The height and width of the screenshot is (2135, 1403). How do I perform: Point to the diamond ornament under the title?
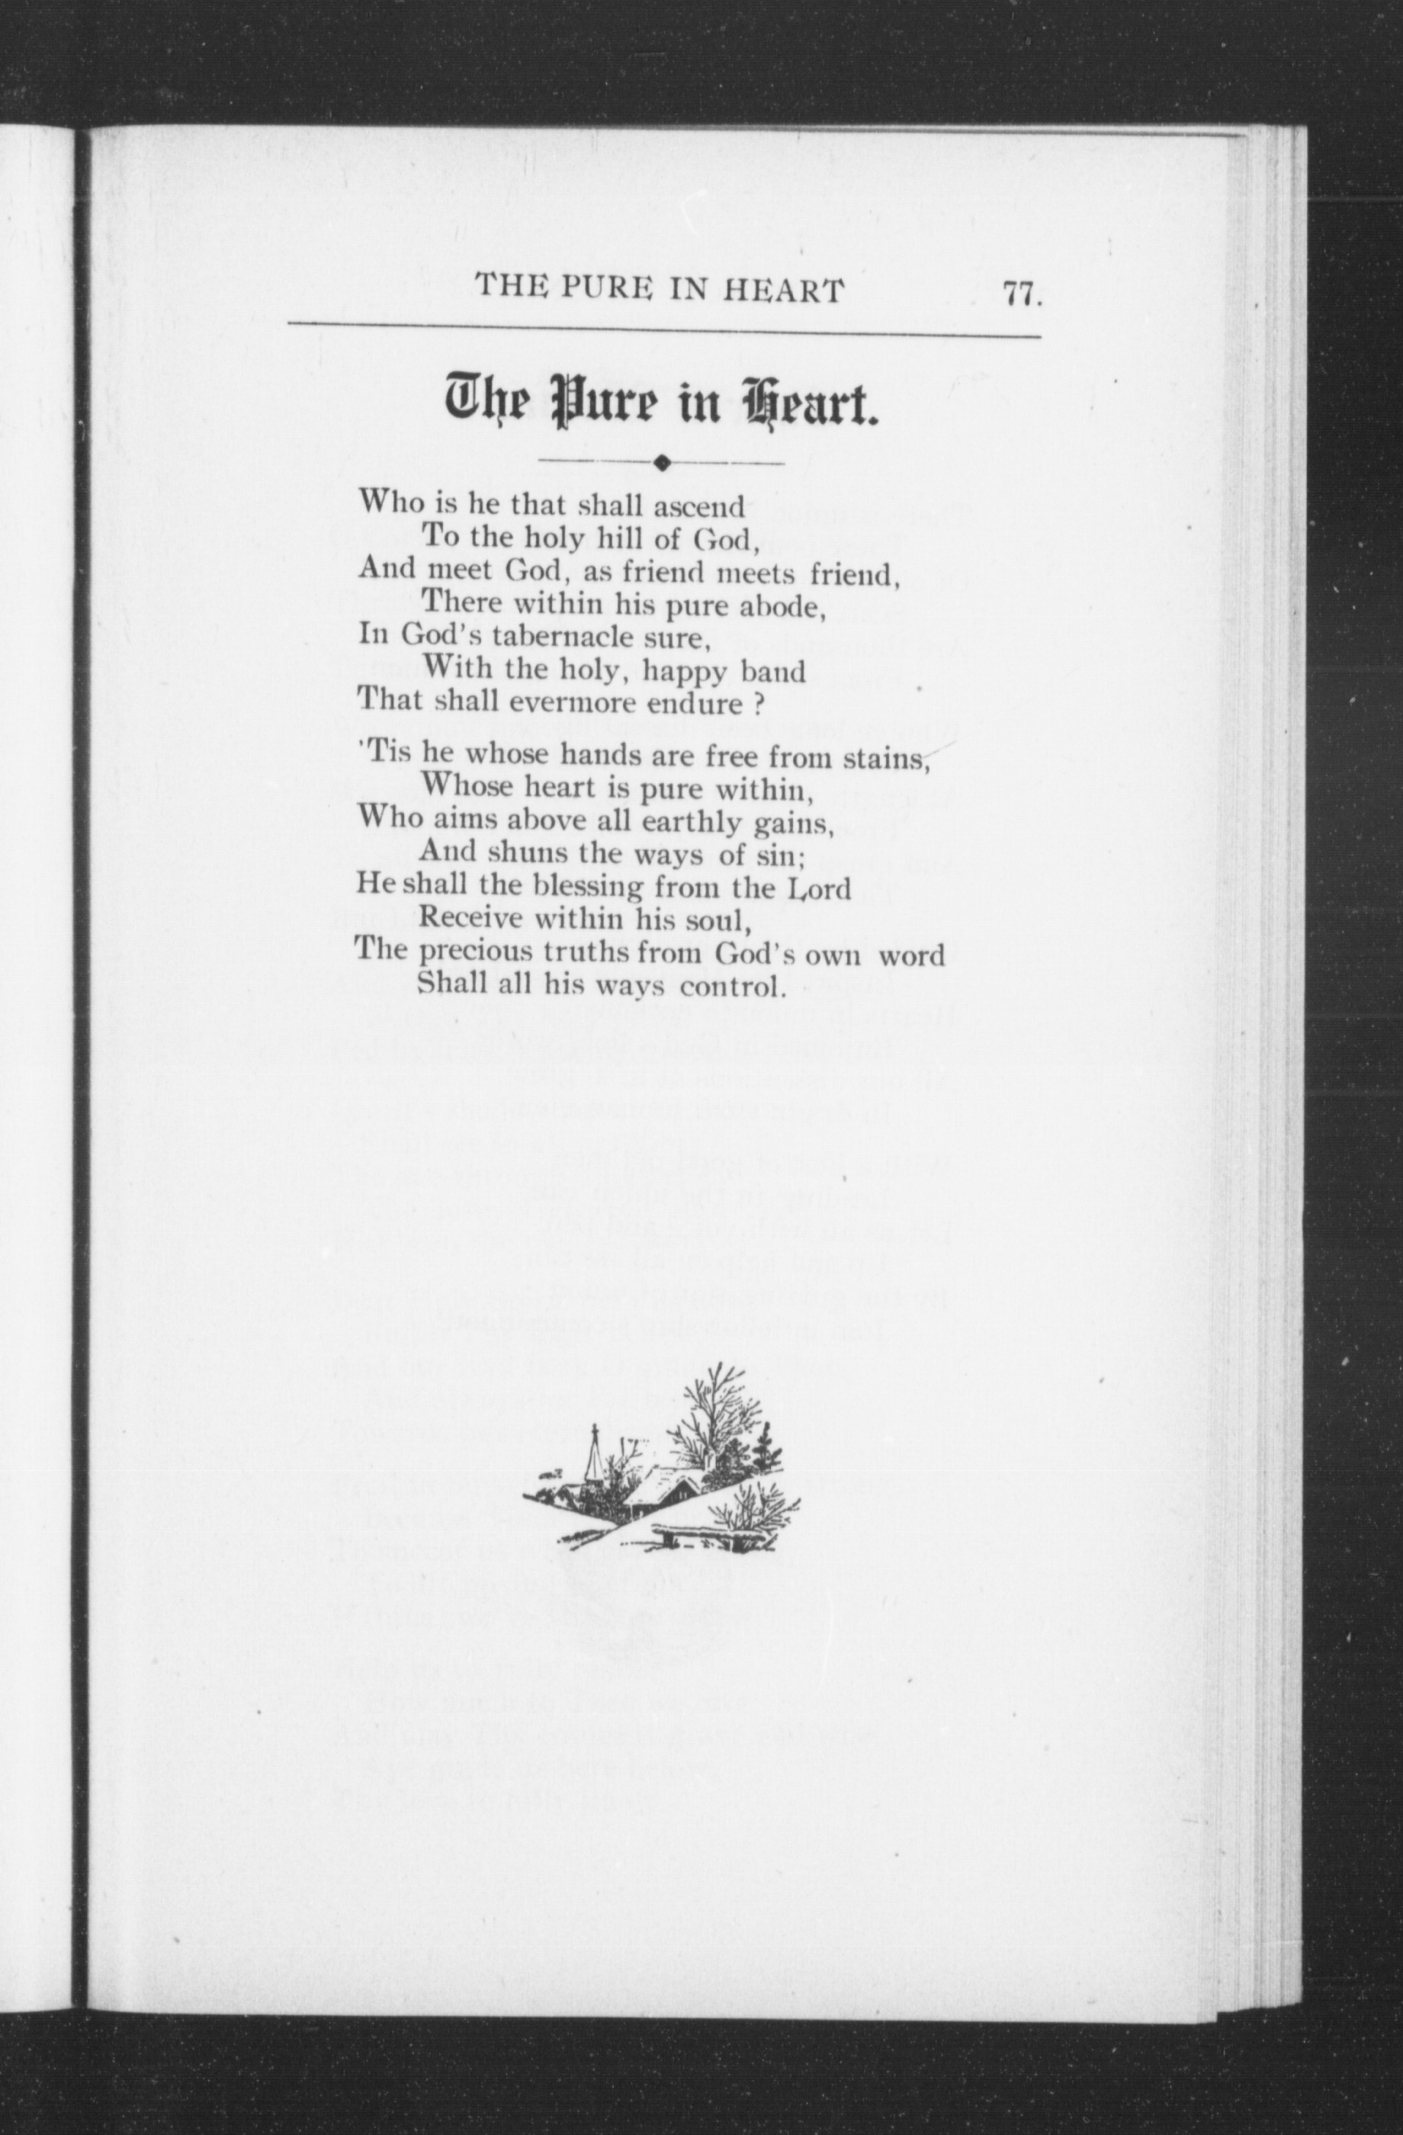click(662, 463)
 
